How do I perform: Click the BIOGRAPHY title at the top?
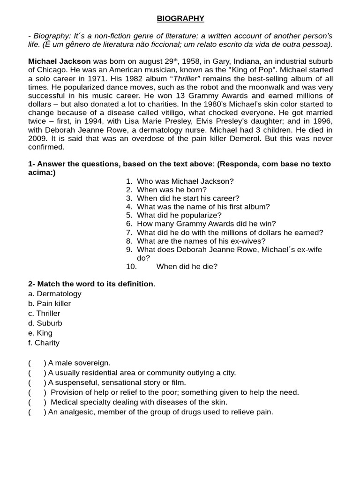tap(180, 19)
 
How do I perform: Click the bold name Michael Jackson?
tap(60, 62)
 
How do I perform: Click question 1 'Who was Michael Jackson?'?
tap(185, 181)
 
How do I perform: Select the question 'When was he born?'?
tap(172, 190)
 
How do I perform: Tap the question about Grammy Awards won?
tap(206, 224)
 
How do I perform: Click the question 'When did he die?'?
tap(187, 267)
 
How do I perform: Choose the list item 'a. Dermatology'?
tap(55, 294)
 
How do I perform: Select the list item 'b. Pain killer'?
tap(50, 304)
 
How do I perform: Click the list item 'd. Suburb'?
tap(45, 323)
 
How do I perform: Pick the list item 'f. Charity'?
tap(44, 343)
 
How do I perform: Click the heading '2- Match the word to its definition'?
tap(91, 284)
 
